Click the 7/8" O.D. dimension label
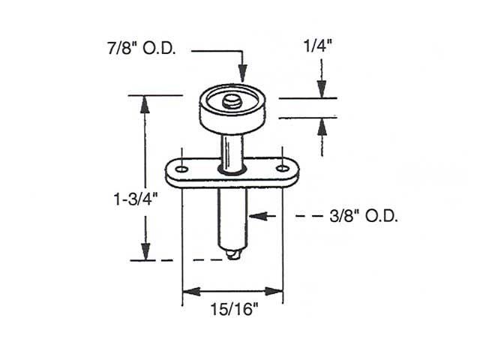[142, 50]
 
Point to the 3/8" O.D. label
[363, 217]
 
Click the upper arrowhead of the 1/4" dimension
[321, 89]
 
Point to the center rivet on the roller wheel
[232, 100]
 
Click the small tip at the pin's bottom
[234, 256]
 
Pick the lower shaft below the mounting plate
[232, 217]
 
